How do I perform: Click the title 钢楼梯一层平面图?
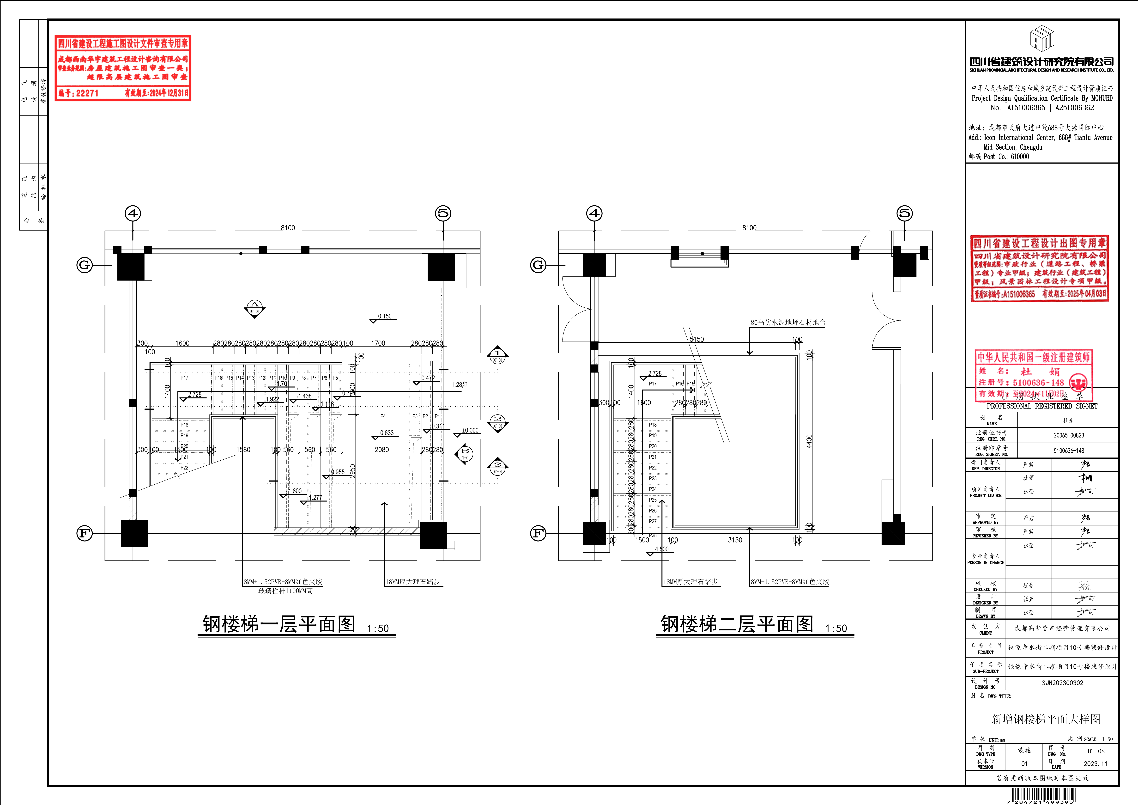(278, 624)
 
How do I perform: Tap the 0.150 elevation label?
(385, 316)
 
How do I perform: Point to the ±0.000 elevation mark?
(470, 430)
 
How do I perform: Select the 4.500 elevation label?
(662, 549)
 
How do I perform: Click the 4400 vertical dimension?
(809, 441)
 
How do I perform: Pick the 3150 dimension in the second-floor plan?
(735, 540)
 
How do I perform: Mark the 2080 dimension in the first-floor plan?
(382, 450)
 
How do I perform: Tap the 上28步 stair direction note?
(459, 384)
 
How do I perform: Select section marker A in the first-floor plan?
(254, 308)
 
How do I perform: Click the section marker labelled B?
(465, 454)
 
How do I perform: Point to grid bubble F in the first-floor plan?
(84, 533)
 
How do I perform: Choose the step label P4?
(383, 416)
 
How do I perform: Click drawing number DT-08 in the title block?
(1096, 751)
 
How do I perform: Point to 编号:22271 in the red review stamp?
(78, 93)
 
